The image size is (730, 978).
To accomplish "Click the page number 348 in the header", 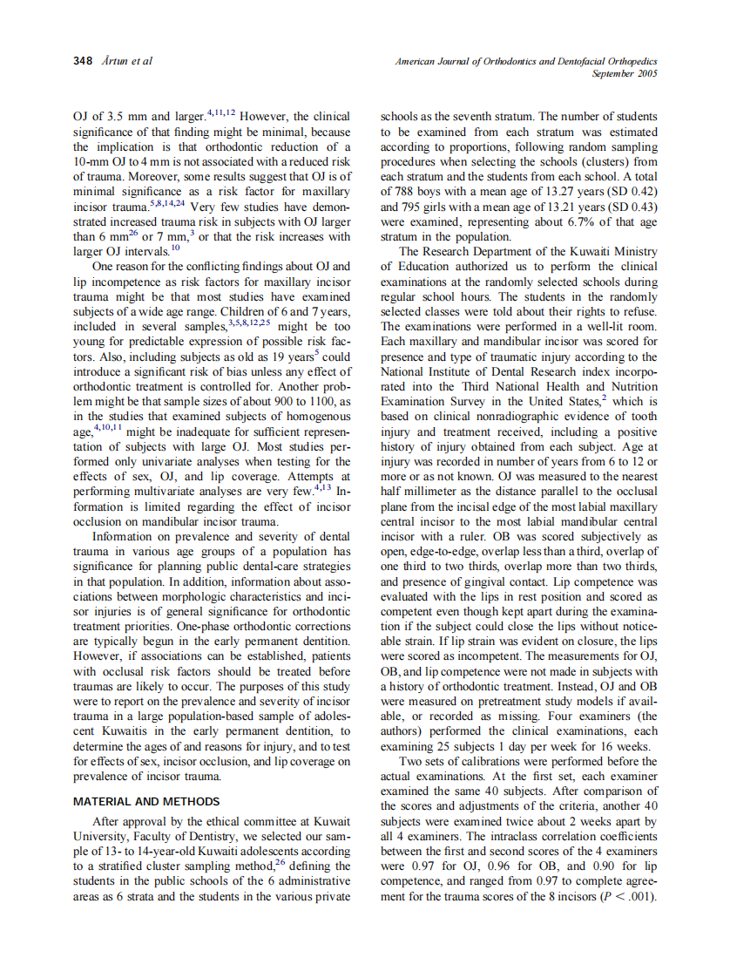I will (x=83, y=62).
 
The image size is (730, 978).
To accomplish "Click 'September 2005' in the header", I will (x=624, y=74).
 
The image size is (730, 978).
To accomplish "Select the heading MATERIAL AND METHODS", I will (x=145, y=801).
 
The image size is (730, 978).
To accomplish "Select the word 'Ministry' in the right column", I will (x=632, y=252).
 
